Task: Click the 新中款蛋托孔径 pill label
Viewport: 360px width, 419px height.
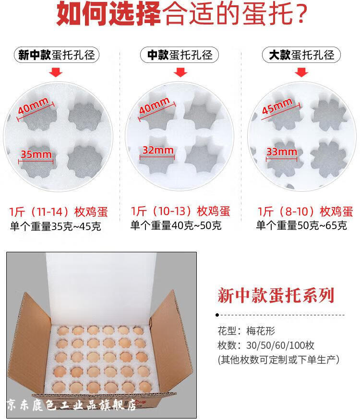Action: tap(56, 55)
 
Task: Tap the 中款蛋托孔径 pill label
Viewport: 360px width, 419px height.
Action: tap(180, 55)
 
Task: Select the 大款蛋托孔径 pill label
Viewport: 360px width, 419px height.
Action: tap(301, 55)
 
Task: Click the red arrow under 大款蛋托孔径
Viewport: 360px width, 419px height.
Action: tap(301, 72)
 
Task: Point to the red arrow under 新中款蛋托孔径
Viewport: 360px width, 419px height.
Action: tap(56, 72)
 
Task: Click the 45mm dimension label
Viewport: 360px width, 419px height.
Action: tap(277, 106)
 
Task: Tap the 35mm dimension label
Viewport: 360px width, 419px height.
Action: tap(36, 154)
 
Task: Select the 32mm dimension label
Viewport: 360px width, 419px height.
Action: tap(158, 150)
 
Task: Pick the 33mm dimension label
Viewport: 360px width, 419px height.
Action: tap(282, 152)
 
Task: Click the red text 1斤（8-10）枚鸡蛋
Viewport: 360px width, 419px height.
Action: tap(305, 211)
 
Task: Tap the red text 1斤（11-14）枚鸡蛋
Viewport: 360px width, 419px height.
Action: tap(59, 211)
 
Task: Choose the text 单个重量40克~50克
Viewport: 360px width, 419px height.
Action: tap(176, 225)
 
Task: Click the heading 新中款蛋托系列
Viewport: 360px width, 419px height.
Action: tap(276, 296)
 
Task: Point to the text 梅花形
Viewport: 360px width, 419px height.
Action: tap(261, 331)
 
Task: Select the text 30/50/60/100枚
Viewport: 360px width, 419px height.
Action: tap(280, 345)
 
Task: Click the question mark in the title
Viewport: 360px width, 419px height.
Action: tap(301, 13)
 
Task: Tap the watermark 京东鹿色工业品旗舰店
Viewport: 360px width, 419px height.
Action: tap(72, 405)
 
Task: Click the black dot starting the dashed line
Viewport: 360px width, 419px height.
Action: tap(217, 315)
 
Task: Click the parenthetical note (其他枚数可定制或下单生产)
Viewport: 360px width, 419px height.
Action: tap(278, 360)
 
